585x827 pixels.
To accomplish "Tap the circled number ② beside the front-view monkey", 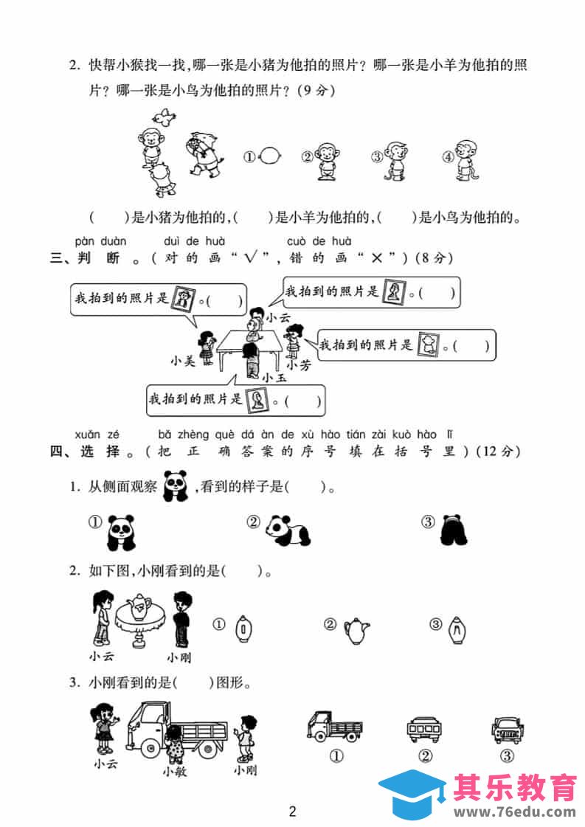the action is pyautogui.click(x=307, y=156).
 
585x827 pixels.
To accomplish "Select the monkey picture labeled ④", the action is pyautogui.click(x=465, y=160).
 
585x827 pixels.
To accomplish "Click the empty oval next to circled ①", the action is pyautogui.click(x=269, y=156).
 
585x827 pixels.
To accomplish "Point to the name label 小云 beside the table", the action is pyautogui.click(x=278, y=317).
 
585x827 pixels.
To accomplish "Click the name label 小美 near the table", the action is pyautogui.click(x=182, y=361).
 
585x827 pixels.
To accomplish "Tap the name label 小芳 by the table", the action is pyautogui.click(x=299, y=365).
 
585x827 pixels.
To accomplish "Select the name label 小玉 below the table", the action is pyautogui.click(x=274, y=378).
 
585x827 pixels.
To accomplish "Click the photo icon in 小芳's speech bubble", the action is pyautogui.click(x=428, y=345).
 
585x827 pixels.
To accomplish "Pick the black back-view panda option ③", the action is pyautogui.click(x=454, y=530).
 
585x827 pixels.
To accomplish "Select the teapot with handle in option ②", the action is pyautogui.click(x=356, y=630).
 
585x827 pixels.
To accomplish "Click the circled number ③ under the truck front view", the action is pyautogui.click(x=506, y=755).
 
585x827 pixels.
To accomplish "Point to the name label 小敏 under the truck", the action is pyautogui.click(x=175, y=772).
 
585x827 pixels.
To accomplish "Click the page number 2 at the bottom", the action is pyautogui.click(x=293, y=812).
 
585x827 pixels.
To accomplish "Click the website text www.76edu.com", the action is pyautogui.click(x=515, y=812).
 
